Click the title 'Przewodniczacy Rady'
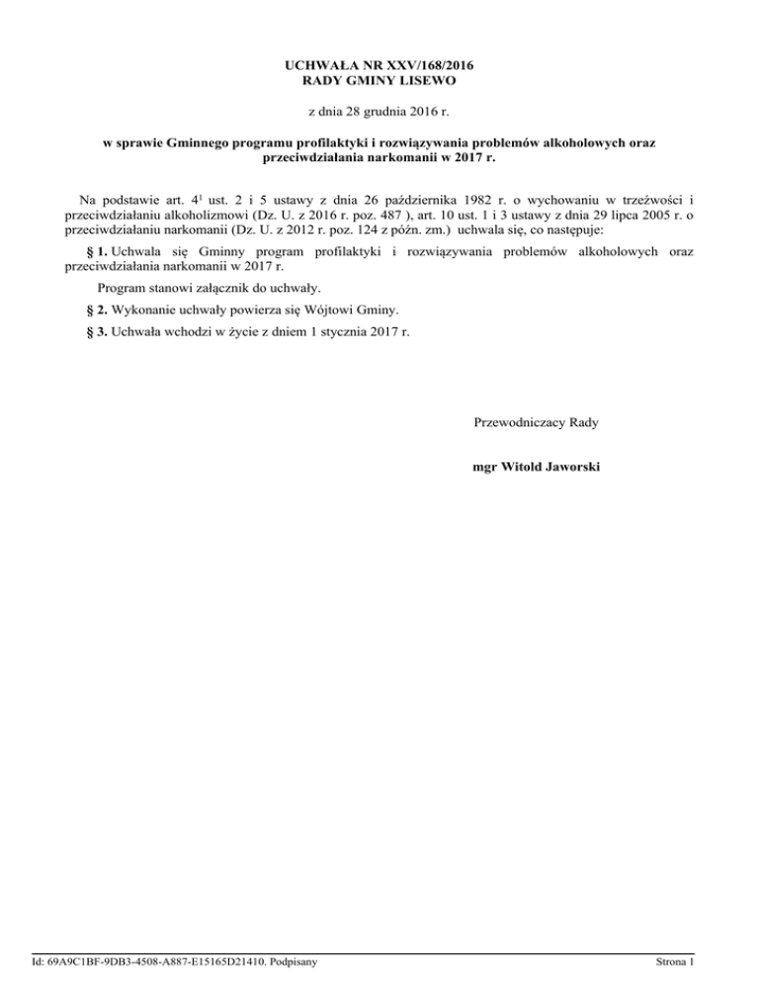(x=536, y=422)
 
